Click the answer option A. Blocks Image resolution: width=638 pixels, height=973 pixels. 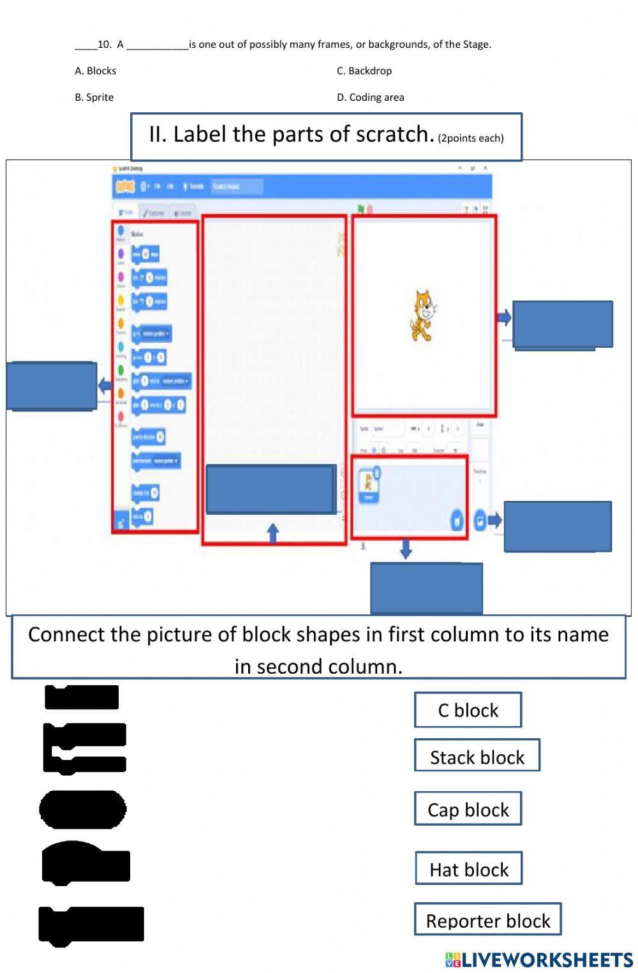[96, 71]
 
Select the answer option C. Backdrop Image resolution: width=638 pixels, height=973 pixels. [364, 71]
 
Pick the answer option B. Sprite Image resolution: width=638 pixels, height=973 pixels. [94, 98]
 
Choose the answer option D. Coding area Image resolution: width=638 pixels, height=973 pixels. [371, 98]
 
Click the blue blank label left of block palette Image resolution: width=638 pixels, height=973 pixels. [52, 386]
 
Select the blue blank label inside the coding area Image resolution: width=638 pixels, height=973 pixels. [271, 489]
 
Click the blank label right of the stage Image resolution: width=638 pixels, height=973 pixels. [562, 325]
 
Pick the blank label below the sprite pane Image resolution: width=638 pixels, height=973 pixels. [426, 588]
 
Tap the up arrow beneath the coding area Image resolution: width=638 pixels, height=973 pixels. [273, 533]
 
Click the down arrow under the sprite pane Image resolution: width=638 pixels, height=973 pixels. [406, 549]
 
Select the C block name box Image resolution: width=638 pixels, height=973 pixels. [468, 710]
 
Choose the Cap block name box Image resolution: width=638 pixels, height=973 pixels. [468, 809]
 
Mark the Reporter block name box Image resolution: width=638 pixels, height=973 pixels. [487, 920]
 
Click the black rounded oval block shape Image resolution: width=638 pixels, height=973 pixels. [83, 809]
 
